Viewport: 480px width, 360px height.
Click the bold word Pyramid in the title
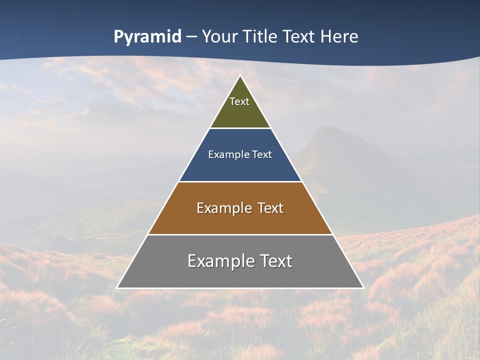tap(147, 37)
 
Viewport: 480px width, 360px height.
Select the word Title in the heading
tap(259, 37)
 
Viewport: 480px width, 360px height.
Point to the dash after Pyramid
tap(191, 37)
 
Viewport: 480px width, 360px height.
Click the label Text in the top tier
tap(239, 101)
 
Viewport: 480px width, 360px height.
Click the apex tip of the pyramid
tap(240, 76)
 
